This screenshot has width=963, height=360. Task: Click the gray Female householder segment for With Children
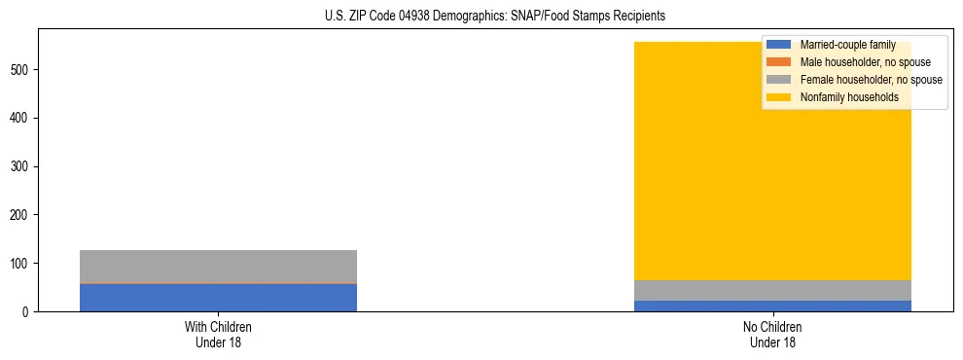(218, 267)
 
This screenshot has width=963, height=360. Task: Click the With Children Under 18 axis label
(218, 334)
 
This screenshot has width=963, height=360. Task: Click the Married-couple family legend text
(847, 45)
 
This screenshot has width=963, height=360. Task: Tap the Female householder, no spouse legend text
(871, 80)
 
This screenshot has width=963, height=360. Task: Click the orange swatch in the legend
(779, 62)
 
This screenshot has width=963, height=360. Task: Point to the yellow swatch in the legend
(779, 97)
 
